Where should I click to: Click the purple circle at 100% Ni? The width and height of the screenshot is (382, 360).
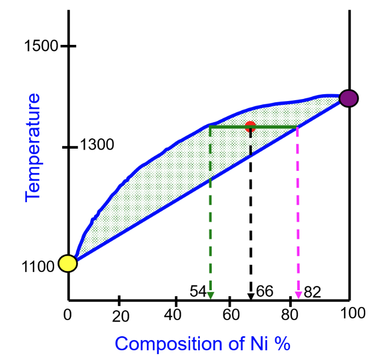coord(350,98)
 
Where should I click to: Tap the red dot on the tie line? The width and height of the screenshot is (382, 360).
coord(250,126)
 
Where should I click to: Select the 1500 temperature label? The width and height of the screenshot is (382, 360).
coord(41,46)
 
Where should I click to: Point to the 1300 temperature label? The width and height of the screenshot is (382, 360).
coord(97,145)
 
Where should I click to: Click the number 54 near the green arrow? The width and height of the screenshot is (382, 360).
coord(198,292)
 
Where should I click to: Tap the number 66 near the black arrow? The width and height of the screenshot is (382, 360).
coord(265,291)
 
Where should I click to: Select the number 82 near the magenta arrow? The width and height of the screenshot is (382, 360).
coord(312,292)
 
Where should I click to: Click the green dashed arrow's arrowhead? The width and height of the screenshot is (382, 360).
coord(210,295)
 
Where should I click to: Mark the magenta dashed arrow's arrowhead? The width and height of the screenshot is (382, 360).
coord(298,295)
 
